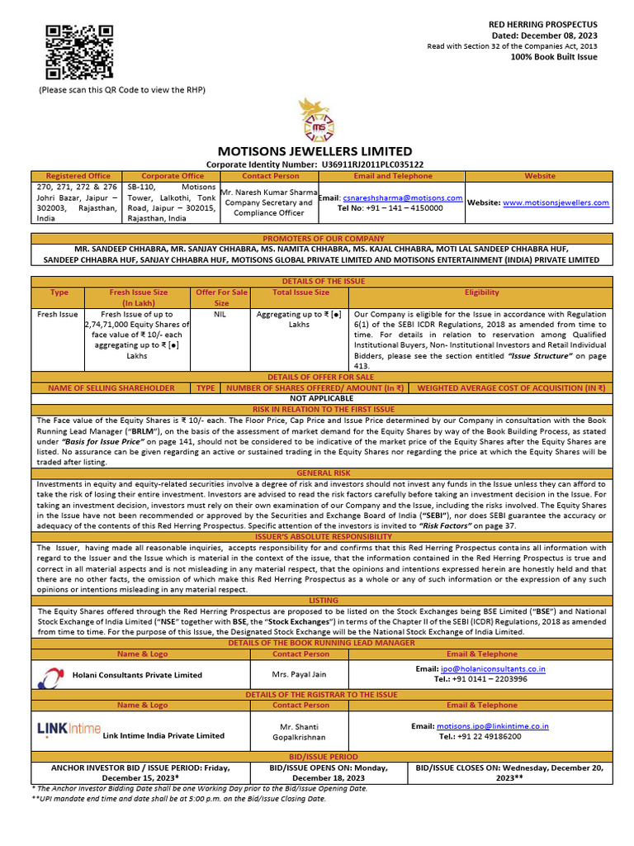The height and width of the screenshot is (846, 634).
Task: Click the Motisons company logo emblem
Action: tap(316, 119)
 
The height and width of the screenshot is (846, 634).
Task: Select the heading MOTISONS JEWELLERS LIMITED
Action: tap(315, 151)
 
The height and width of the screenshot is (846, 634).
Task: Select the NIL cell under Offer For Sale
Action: tap(220, 315)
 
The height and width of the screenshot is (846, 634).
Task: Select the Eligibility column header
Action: tap(481, 292)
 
